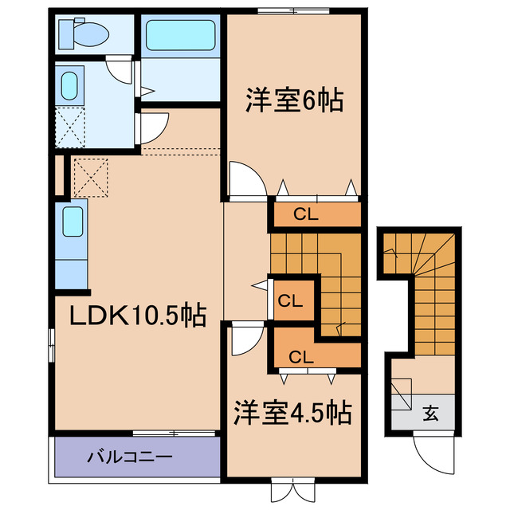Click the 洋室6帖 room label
point(294,100)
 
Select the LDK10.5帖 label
point(136,316)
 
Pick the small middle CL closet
point(290,300)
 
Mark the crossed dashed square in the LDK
point(89,177)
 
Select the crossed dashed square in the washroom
point(69,125)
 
